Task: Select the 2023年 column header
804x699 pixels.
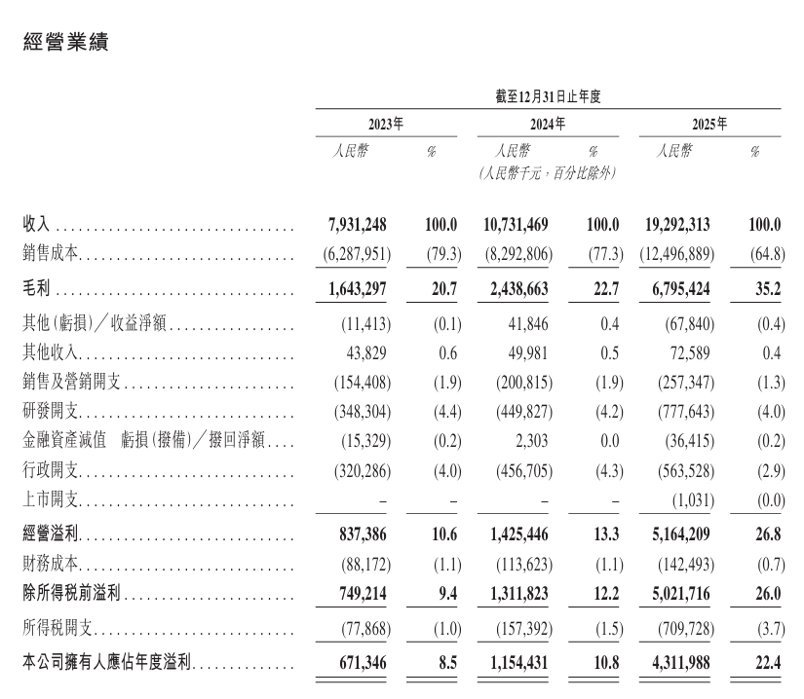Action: click(385, 125)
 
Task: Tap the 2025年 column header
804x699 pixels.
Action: click(708, 125)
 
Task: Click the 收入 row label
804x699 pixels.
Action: click(36, 225)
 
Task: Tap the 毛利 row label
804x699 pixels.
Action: click(36, 290)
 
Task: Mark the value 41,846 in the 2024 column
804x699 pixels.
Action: click(526, 321)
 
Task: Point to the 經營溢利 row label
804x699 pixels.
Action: click(50, 534)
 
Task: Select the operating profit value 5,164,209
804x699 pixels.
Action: click(673, 534)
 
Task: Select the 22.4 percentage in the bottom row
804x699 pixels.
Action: click(767, 663)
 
